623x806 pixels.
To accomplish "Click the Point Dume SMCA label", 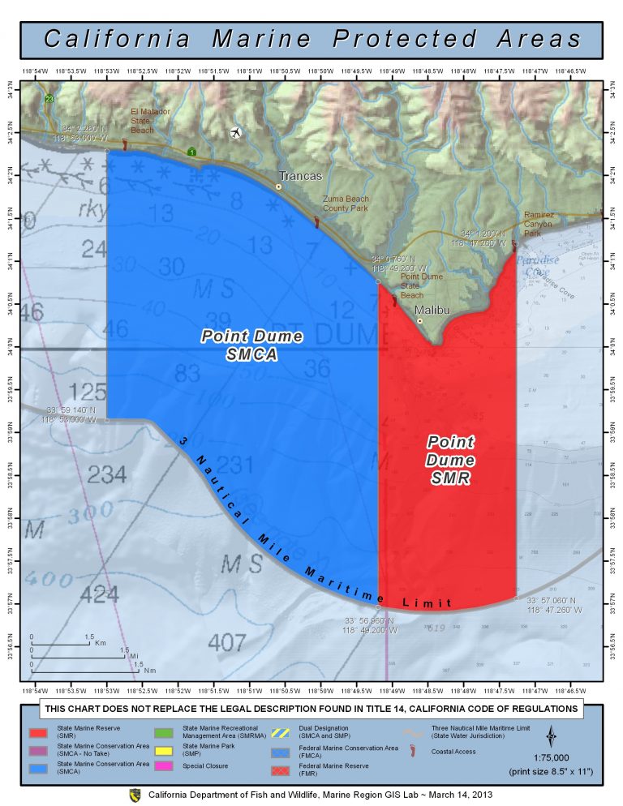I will pyautogui.click(x=252, y=344).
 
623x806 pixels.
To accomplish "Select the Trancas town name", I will pyautogui.click(x=301, y=176).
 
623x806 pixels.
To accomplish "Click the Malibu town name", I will pyautogui.click(x=431, y=310).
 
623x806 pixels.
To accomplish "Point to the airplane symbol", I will pyautogui.click(x=236, y=132).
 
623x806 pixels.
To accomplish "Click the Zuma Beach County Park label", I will pyautogui.click(x=346, y=204).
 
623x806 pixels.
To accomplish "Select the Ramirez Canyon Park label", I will pyautogui.click(x=538, y=224).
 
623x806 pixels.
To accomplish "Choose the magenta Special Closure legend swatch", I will pyautogui.click(x=167, y=765).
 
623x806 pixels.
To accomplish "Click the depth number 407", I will pyautogui.click(x=226, y=642).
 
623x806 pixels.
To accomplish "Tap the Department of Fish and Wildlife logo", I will pyautogui.click(x=135, y=795).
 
